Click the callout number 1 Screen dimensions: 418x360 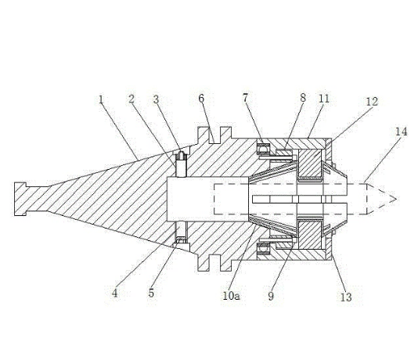click(x=101, y=99)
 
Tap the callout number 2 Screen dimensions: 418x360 click(x=132, y=99)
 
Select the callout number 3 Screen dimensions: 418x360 click(x=156, y=99)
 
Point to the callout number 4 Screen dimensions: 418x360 click(x=114, y=293)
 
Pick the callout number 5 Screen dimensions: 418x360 click(x=151, y=293)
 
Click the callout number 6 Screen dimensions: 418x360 click(x=201, y=99)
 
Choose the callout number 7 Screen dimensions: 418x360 click(x=246, y=98)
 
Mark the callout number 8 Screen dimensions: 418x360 click(x=303, y=98)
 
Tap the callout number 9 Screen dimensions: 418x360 click(x=271, y=296)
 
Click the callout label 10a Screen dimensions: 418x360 click(x=231, y=296)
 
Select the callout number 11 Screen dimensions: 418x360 click(x=324, y=99)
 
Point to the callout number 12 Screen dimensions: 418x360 click(x=372, y=102)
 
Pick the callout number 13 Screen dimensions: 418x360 click(x=346, y=297)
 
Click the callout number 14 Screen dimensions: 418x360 click(x=402, y=131)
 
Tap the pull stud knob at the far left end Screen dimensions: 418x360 click(x=20, y=199)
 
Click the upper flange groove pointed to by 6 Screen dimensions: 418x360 click(x=215, y=135)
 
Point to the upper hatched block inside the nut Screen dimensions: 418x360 click(x=309, y=164)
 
